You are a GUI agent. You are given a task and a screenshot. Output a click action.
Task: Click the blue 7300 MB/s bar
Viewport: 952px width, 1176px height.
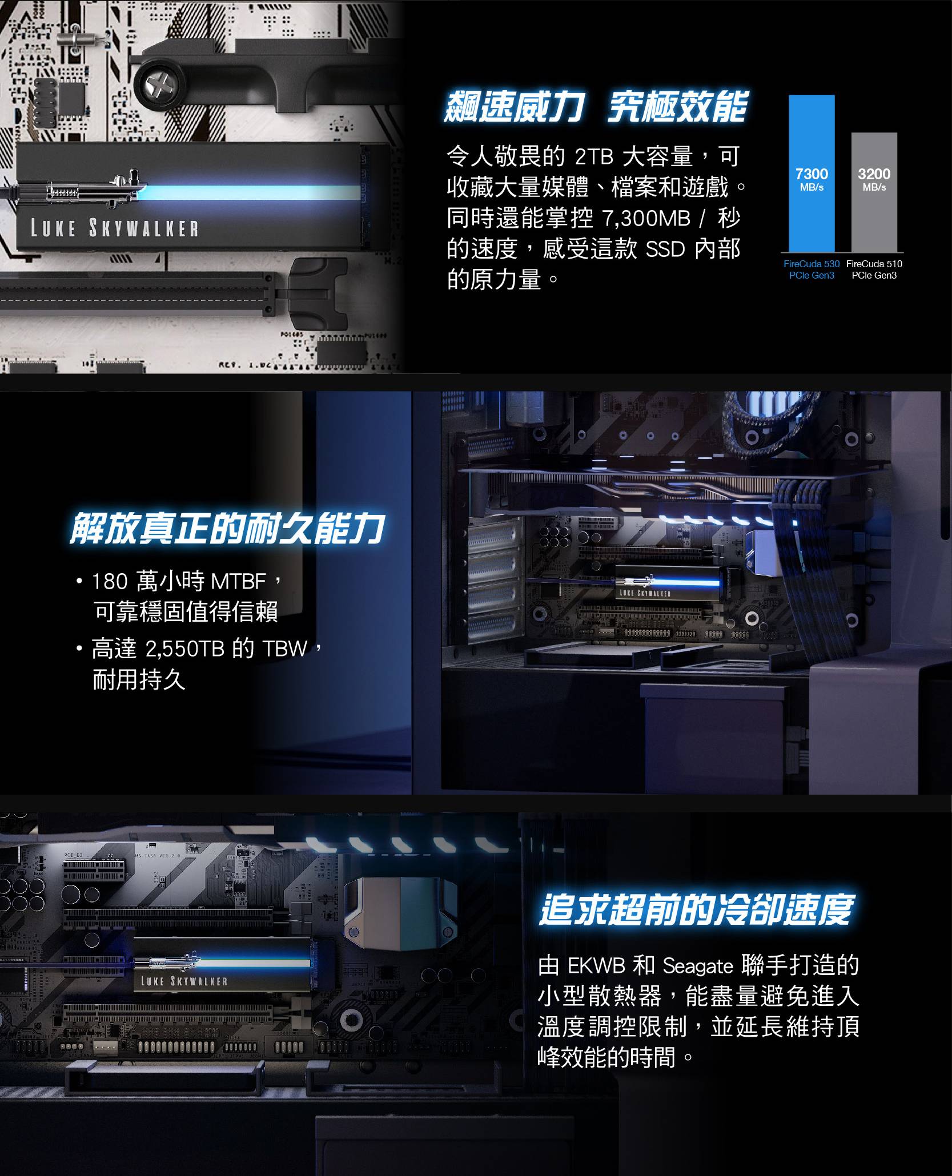point(812,174)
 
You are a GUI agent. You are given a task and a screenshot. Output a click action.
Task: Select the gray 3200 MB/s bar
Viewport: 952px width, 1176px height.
point(874,192)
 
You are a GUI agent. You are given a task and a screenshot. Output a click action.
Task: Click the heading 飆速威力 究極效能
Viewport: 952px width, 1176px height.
point(595,107)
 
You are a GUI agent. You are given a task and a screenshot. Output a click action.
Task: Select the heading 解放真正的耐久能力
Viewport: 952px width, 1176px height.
point(227,529)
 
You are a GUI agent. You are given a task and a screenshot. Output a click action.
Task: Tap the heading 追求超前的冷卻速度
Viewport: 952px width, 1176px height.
point(696,909)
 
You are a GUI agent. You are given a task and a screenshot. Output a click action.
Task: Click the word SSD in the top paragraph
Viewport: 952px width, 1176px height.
point(665,249)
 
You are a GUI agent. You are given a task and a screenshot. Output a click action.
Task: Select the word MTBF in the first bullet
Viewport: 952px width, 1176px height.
point(239,582)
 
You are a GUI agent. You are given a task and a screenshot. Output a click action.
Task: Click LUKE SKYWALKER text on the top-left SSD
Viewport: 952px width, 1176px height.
point(115,228)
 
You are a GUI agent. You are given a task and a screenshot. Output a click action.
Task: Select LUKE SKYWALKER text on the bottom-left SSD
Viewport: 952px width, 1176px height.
point(184,981)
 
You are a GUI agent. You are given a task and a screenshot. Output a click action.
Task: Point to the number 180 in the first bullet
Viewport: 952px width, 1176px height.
point(110,582)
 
